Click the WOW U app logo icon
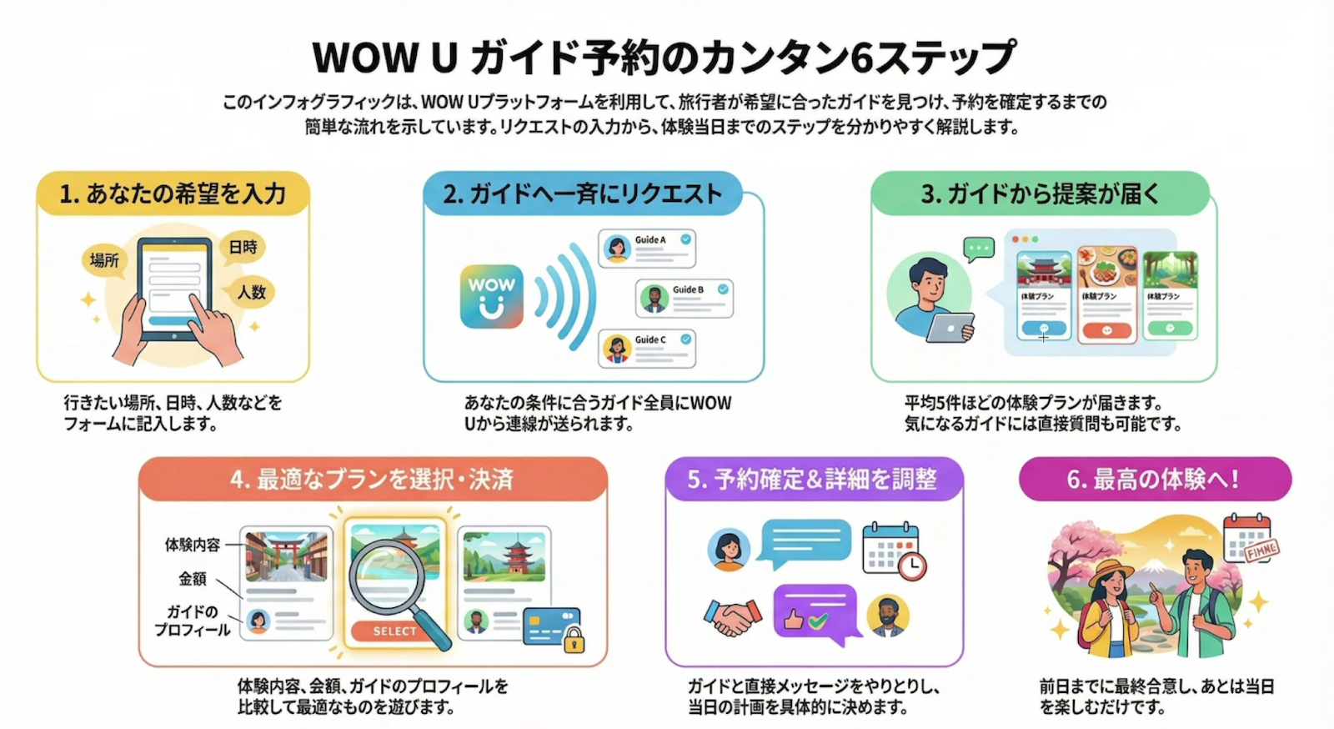coord(492,296)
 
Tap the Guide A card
coord(647,249)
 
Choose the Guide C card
coord(647,348)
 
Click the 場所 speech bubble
coord(104,260)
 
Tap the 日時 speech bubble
coord(243,248)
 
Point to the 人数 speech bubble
coord(251,292)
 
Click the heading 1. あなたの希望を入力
coord(173,194)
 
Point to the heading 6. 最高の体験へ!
coord(1154,480)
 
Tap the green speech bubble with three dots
coord(978,249)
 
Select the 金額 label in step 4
coord(192,578)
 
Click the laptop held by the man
coord(950,327)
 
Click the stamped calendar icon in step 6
coord(1248,540)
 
